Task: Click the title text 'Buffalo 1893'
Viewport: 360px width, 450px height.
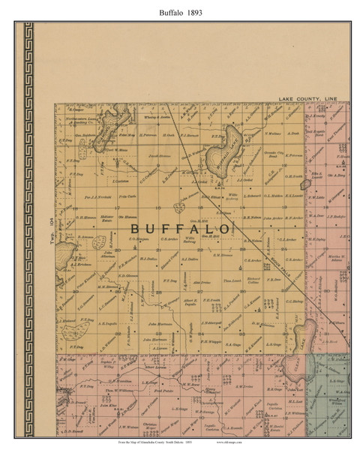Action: (x=179, y=12)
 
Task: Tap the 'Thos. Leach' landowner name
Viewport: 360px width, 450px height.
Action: (x=230, y=279)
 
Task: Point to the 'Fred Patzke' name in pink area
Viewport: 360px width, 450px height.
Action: (x=152, y=391)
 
